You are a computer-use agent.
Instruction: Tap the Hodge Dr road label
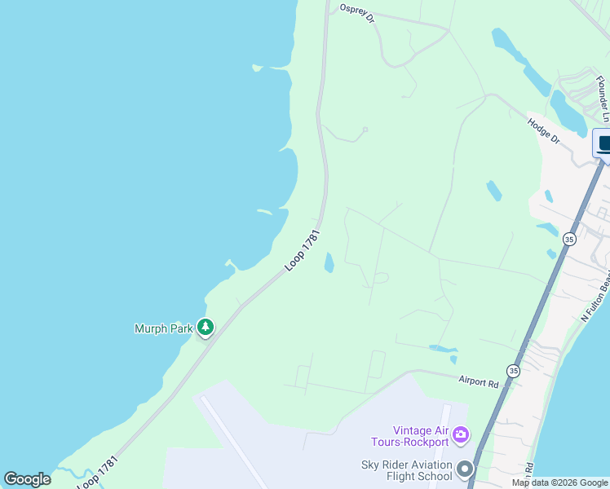tap(544, 130)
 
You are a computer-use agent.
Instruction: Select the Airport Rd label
tap(478, 381)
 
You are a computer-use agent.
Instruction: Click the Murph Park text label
tap(163, 328)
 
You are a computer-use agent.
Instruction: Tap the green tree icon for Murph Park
tap(206, 328)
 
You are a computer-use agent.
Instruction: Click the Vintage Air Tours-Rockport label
tap(420, 436)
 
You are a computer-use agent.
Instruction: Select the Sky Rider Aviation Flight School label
tap(406, 470)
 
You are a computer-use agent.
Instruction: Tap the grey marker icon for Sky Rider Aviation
tap(466, 469)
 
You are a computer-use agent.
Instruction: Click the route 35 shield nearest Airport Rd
tap(512, 370)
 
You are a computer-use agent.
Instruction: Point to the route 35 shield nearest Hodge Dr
tap(568, 239)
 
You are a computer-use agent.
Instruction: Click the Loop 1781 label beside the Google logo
tap(98, 473)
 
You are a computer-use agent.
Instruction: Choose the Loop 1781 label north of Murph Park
tap(303, 250)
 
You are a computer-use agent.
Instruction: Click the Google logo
tap(27, 479)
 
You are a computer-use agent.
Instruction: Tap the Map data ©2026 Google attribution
tap(559, 482)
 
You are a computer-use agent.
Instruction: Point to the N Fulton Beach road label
tap(595, 300)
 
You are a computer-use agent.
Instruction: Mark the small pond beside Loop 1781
tap(329, 262)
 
